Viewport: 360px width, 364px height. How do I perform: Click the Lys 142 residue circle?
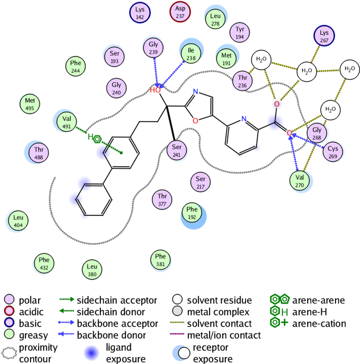pos(140,13)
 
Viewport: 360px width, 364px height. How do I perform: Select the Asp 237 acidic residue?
pos(180,12)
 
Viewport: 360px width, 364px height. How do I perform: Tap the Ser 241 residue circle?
pos(177,150)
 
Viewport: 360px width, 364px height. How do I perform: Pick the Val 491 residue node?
pos(67,122)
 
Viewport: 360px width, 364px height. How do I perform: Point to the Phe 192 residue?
pos(192,212)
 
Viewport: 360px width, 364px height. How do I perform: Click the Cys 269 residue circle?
pos(333,152)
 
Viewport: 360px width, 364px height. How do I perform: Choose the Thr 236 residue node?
pos(242,81)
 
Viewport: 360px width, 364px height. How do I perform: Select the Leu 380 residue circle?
pos(92,270)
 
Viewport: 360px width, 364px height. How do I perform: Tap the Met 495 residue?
pos(29,104)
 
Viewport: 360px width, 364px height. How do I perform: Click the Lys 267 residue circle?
pos(324,36)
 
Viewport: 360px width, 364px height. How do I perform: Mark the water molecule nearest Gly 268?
pos(331,110)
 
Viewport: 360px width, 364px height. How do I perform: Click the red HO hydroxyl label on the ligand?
pos(155,90)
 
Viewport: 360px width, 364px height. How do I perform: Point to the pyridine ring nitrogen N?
pos(244,119)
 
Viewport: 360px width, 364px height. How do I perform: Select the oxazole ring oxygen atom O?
pos(195,121)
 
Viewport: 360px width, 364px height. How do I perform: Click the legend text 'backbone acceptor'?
pos(117,324)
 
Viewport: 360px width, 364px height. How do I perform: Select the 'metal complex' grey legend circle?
pos(177,311)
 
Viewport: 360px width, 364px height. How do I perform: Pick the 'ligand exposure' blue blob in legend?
pos(91,353)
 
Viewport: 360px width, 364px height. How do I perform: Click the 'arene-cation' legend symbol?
pos(279,323)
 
